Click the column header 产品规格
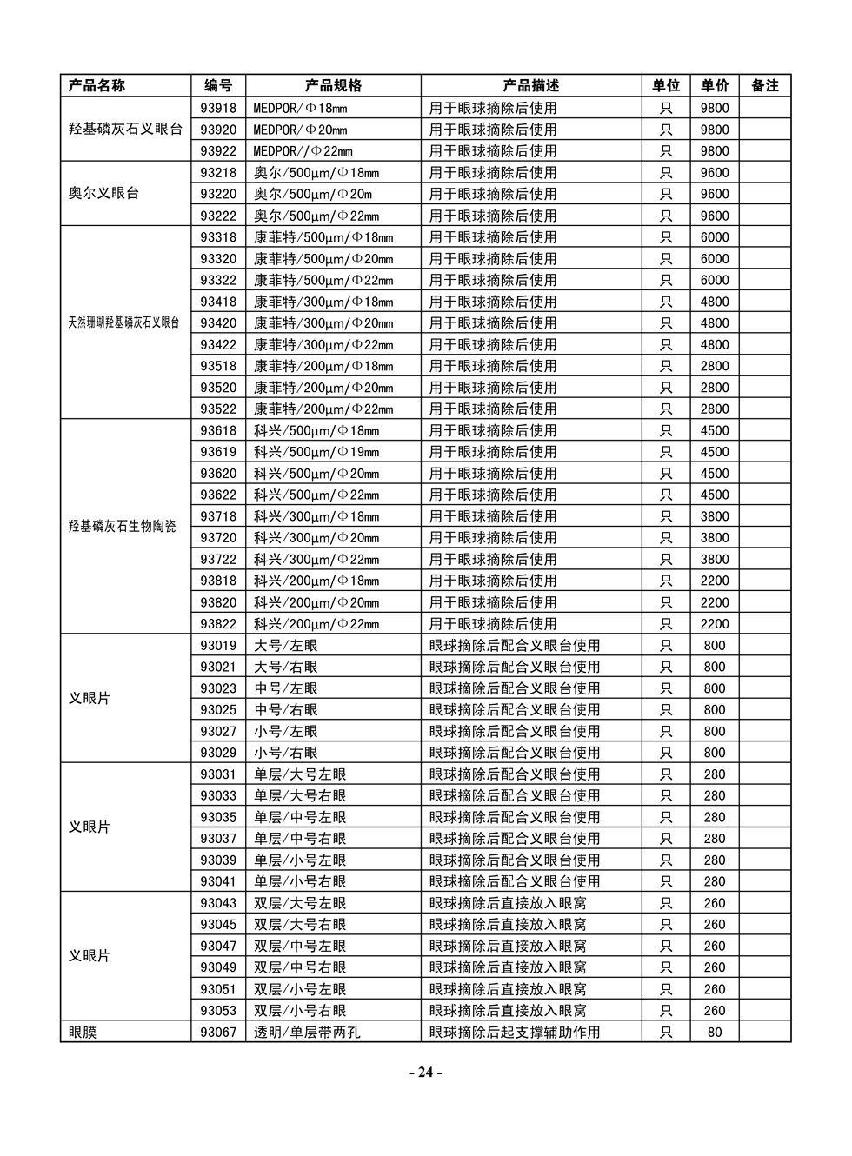click(333, 85)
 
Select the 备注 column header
click(764, 85)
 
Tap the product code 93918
click(218, 108)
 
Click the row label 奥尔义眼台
click(103, 193)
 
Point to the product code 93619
click(218, 451)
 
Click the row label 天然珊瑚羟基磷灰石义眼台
click(123, 322)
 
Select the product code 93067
click(218, 1032)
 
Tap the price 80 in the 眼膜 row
click(715, 1032)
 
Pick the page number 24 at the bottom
click(425, 1072)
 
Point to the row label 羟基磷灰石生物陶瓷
click(122, 526)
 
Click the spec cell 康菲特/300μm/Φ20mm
click(323, 322)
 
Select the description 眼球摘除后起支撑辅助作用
click(515, 1032)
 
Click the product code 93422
click(218, 344)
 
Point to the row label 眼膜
click(83, 1032)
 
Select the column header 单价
click(715, 85)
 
